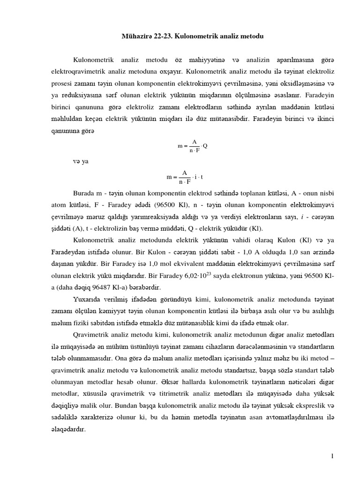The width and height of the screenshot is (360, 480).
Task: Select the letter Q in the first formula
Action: tap(205, 146)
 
